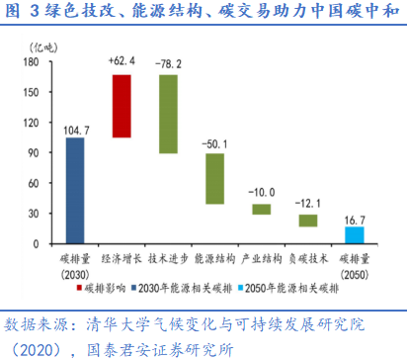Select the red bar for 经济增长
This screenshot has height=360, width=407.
click(x=122, y=106)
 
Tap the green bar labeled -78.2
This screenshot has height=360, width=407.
click(x=169, y=114)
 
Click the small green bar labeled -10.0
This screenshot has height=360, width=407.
click(x=261, y=209)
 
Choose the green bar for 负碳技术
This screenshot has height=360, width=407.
click(x=307, y=220)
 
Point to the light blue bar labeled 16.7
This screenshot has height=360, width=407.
click(x=354, y=235)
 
